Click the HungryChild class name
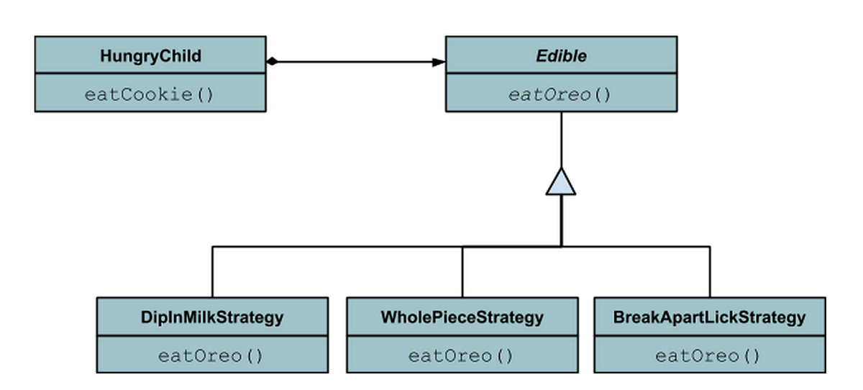(150, 55)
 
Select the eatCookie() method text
(150, 94)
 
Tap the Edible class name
(560, 55)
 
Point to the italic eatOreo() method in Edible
(560, 94)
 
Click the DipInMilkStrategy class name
(212, 317)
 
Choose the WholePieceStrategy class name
(462, 317)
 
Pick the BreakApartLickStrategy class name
(710, 317)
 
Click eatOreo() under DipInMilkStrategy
(212, 355)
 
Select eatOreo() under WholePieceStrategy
(462, 355)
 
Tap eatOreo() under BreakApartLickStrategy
(710, 355)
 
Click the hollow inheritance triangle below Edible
(561, 183)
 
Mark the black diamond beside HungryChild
(272, 62)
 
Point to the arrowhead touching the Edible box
(439, 62)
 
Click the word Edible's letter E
(539, 55)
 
